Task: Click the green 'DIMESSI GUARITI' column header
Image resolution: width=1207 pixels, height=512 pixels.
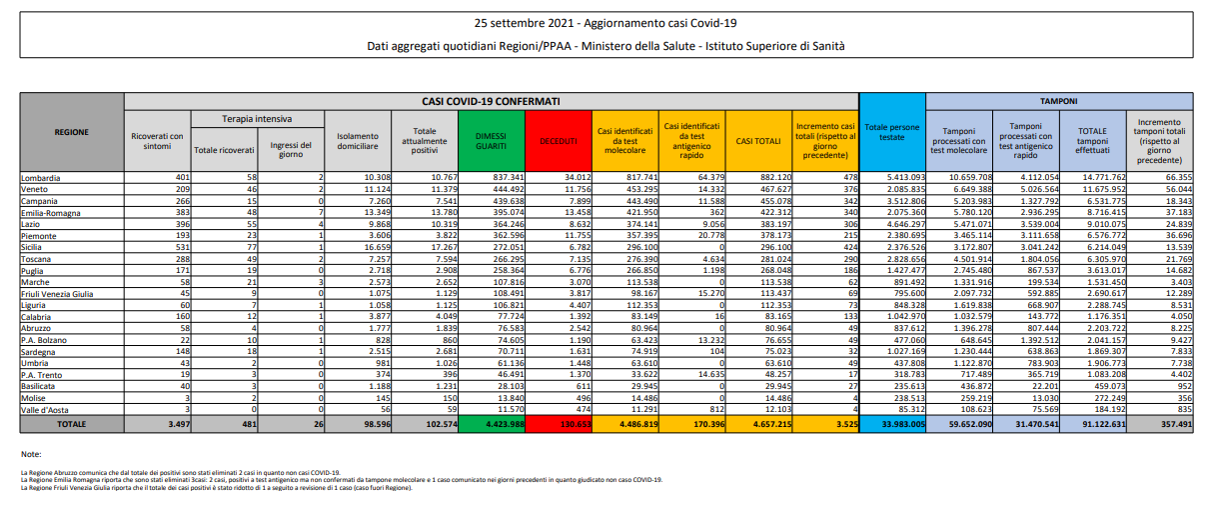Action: [x=491, y=141]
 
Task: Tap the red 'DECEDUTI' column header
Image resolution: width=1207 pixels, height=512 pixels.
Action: [x=559, y=142]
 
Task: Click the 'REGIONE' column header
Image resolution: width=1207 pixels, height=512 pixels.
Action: [x=72, y=131]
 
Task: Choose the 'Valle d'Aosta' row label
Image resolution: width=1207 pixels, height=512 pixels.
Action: [x=45, y=409]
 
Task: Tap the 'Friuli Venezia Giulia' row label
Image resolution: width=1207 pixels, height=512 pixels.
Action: [x=58, y=293]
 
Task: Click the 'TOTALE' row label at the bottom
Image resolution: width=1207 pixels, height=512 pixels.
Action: [x=72, y=424]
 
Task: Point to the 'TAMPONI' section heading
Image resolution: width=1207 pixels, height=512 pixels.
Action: [x=1059, y=101]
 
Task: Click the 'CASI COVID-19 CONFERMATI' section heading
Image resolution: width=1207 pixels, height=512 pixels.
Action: [x=491, y=101]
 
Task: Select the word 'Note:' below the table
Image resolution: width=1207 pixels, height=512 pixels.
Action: [x=31, y=454]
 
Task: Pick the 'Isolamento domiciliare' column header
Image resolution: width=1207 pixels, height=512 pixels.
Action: [x=357, y=141]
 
